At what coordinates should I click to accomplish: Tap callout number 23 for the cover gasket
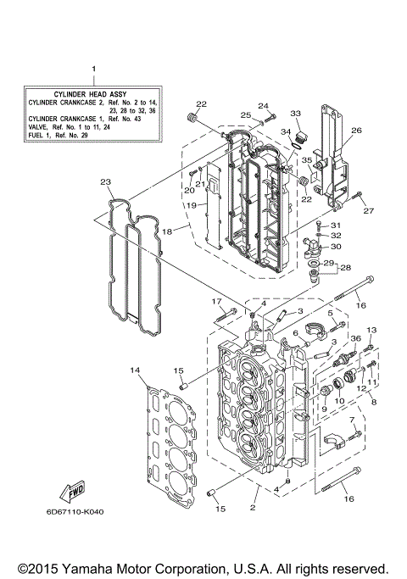tap(105, 181)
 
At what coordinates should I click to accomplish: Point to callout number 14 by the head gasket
tap(134, 370)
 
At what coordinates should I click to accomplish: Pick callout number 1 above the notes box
tap(93, 68)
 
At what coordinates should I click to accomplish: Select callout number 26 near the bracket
tap(356, 131)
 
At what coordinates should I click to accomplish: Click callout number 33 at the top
tap(295, 114)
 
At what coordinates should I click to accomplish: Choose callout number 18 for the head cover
tap(168, 231)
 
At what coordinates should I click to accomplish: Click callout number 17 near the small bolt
tap(216, 302)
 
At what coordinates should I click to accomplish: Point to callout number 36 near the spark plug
tap(354, 339)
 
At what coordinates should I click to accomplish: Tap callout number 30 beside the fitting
tap(336, 247)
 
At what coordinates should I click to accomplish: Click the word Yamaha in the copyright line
tap(100, 568)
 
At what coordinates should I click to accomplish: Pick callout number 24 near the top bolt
tap(263, 106)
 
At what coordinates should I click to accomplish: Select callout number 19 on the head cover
tap(192, 205)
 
